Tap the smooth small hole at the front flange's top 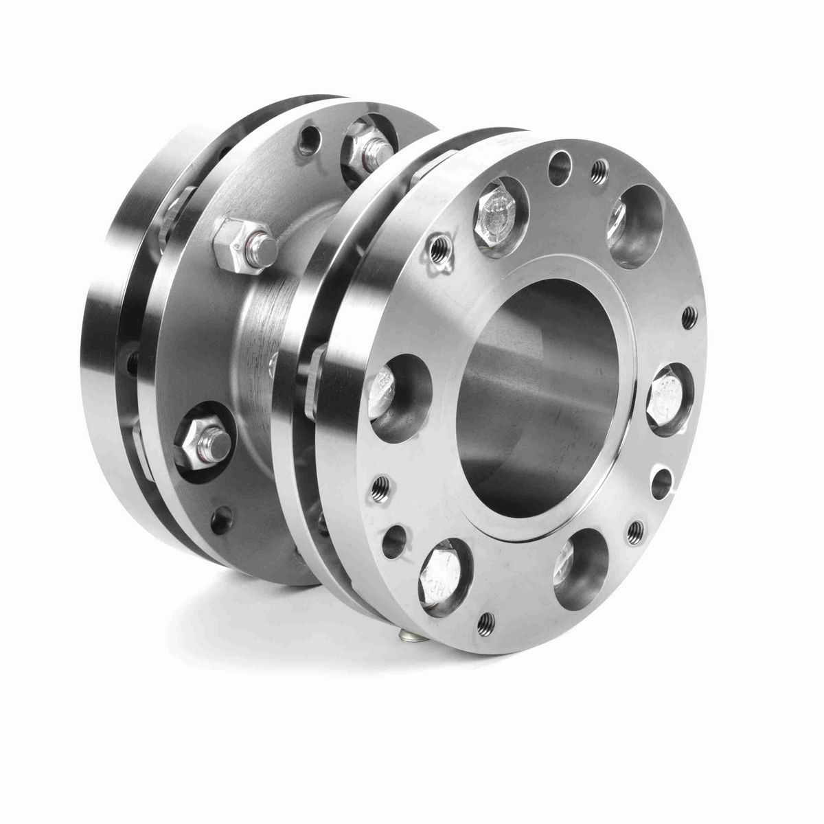[558, 164]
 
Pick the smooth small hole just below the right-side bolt [661, 481]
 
